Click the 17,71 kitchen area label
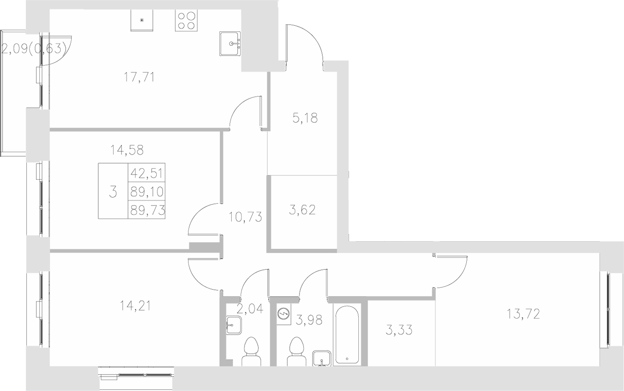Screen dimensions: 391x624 coord(139,77)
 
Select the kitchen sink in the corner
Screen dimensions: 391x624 coord(230,43)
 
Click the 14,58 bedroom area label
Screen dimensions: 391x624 coord(127,150)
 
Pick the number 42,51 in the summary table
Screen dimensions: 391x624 coord(147,173)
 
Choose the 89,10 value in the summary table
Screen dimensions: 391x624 coord(147,192)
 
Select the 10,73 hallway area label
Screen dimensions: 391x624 coord(245,217)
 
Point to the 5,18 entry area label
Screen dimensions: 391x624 coord(305,118)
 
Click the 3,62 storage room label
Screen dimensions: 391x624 coord(302,210)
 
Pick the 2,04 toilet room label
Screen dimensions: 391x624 coord(250,308)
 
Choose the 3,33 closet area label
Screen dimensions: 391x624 coord(399,329)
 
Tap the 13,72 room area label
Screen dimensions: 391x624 coord(523,314)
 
